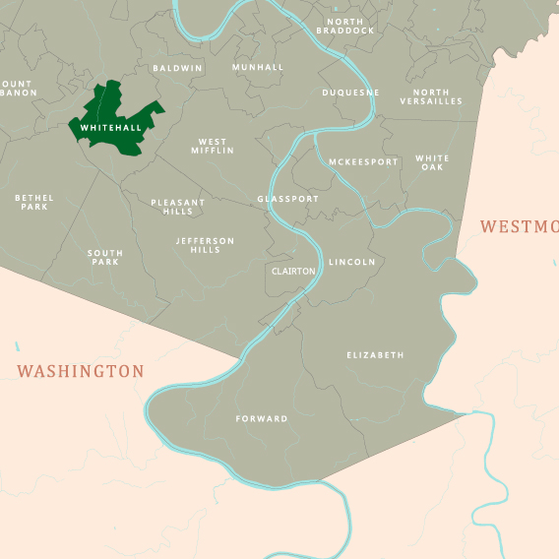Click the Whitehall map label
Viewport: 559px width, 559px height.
tap(110, 128)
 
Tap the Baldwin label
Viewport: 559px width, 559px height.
tap(177, 68)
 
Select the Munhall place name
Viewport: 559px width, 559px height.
tap(258, 67)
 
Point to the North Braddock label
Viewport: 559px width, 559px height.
tap(345, 26)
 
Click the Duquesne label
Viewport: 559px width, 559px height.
tap(350, 93)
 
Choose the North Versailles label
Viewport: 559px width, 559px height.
tap(431, 96)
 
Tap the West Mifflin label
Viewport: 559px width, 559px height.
tap(216, 147)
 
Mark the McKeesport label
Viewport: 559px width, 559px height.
tap(363, 161)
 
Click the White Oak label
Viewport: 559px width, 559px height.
tap(432, 162)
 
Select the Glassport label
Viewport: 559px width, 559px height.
tap(288, 199)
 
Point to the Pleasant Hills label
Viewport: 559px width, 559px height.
tap(178, 207)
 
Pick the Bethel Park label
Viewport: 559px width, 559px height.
tap(34, 202)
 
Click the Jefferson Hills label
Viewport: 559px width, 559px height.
tap(206, 245)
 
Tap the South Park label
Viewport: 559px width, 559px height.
tap(105, 258)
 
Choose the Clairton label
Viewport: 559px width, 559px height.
tap(293, 271)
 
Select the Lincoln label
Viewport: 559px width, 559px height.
tap(352, 263)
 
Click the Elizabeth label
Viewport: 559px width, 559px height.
tap(375, 354)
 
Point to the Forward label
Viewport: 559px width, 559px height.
tap(262, 418)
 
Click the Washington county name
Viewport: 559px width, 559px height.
tap(81, 371)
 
